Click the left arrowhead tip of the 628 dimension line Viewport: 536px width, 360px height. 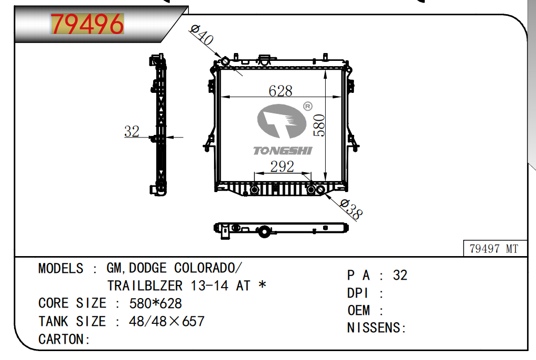(221, 97)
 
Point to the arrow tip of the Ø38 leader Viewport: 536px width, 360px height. (325, 193)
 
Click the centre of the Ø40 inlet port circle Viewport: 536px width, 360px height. (225, 62)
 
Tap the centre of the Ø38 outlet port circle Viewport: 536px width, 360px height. (320, 189)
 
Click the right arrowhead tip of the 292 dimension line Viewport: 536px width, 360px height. (311, 174)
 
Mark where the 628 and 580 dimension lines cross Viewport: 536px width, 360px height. (325, 97)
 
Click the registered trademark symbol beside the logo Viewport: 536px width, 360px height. (308, 107)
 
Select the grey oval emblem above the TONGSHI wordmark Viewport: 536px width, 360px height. (281, 121)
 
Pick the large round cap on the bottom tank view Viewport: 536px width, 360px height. (264, 231)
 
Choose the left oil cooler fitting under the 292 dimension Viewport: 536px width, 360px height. (254, 189)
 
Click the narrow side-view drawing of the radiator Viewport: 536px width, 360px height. (158, 124)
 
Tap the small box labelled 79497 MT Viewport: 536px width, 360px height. (494, 248)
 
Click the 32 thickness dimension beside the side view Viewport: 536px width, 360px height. (132, 131)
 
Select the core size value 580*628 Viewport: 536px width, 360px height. (156, 303)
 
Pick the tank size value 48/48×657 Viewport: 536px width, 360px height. (166, 321)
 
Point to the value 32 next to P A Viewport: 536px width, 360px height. (400, 276)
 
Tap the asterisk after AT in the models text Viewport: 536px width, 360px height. (263, 284)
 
